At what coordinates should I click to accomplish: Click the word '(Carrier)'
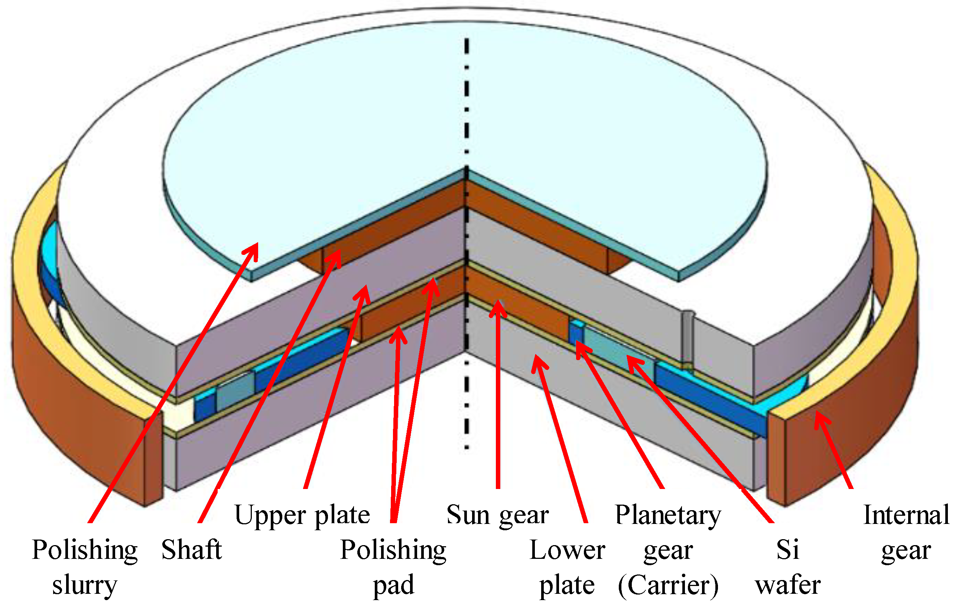click(x=668, y=585)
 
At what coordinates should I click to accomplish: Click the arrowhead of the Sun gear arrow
click(x=498, y=306)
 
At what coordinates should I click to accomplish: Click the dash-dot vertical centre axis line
click(x=466, y=120)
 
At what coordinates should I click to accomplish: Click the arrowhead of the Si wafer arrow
click(x=631, y=360)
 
